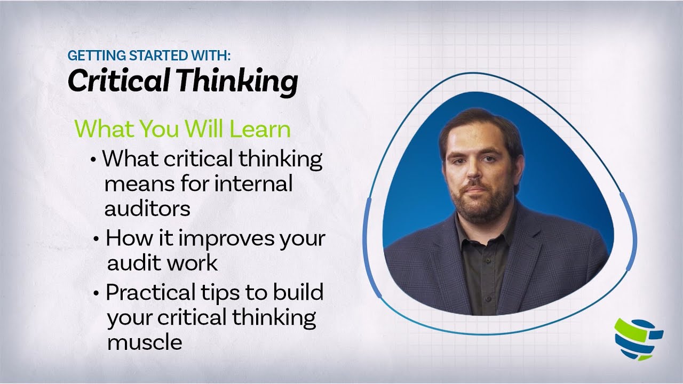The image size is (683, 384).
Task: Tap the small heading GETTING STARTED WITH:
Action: [149, 55]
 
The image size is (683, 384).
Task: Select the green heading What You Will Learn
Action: [182, 130]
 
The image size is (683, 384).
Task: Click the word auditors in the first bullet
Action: [147, 209]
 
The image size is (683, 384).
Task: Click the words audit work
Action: [162, 262]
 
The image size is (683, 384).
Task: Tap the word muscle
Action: [145, 342]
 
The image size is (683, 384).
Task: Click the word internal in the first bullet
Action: [253, 184]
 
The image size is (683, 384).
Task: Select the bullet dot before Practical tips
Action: [96, 293]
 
